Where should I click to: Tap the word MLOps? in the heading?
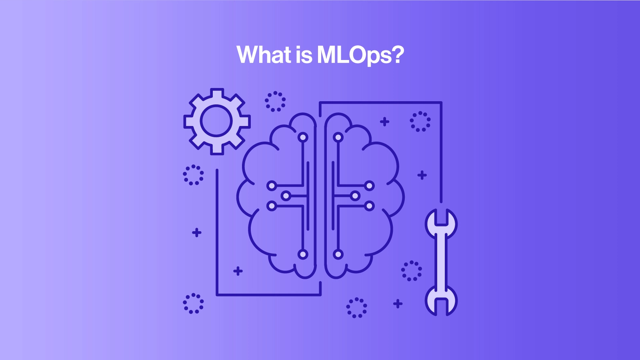coord(360,56)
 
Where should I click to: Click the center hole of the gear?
coord(216,120)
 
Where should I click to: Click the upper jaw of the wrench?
coord(441,224)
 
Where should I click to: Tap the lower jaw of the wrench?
coord(441,301)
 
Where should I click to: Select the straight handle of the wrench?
coord(441,262)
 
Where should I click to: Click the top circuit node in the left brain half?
coord(303,138)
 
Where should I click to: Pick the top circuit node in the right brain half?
coord(338,138)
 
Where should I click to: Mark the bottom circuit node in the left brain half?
coord(303,254)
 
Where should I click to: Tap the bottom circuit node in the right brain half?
coord(338,254)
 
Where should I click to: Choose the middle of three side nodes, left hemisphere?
coord(286,196)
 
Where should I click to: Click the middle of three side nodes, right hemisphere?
coord(355,196)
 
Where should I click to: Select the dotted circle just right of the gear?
coord(275,102)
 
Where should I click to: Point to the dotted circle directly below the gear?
coord(194,175)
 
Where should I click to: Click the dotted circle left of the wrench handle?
coord(412,271)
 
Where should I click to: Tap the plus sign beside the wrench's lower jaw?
coord(398,304)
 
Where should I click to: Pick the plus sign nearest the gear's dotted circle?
coord(384,122)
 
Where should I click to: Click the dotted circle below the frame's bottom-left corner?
coord(194,304)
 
